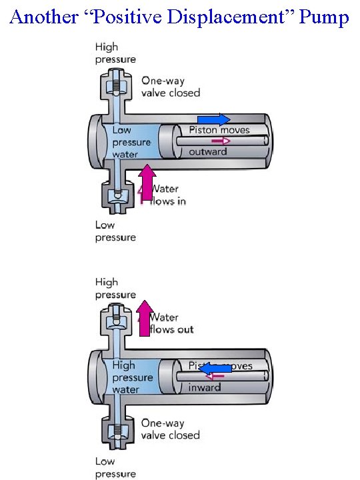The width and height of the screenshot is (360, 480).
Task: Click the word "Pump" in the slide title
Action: click(x=325, y=17)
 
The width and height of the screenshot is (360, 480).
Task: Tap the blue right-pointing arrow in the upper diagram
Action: click(x=214, y=121)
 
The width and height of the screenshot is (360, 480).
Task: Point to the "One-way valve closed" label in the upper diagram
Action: click(x=170, y=87)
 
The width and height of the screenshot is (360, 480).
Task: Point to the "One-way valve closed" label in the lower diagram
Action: click(x=170, y=429)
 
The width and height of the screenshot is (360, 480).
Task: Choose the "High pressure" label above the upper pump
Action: click(x=115, y=53)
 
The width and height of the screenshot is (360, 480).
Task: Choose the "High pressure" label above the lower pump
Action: click(x=115, y=288)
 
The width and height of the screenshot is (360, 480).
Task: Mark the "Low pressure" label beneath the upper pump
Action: click(x=115, y=231)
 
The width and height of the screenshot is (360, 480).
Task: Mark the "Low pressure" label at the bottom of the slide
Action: click(x=115, y=467)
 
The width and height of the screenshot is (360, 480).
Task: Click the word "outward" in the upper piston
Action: click(x=208, y=152)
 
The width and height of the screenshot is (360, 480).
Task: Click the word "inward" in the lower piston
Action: click(x=205, y=387)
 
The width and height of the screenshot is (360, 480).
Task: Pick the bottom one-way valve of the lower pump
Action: click(x=117, y=432)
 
